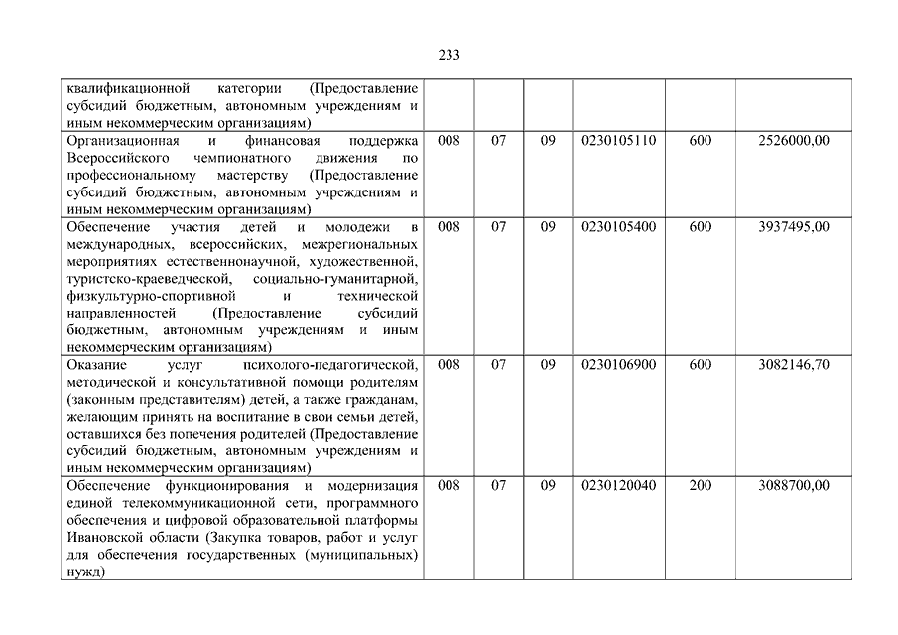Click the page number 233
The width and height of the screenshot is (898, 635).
[449, 55]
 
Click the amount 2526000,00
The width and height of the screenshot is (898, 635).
[793, 141]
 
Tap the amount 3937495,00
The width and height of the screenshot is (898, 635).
[793, 227]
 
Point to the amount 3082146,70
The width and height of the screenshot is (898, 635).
[793, 365]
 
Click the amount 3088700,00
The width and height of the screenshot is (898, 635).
[793, 486]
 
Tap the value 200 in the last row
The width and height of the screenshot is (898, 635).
[700, 486]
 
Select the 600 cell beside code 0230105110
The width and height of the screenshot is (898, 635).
[700, 141]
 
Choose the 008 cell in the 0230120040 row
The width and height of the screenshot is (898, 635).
[449, 486]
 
